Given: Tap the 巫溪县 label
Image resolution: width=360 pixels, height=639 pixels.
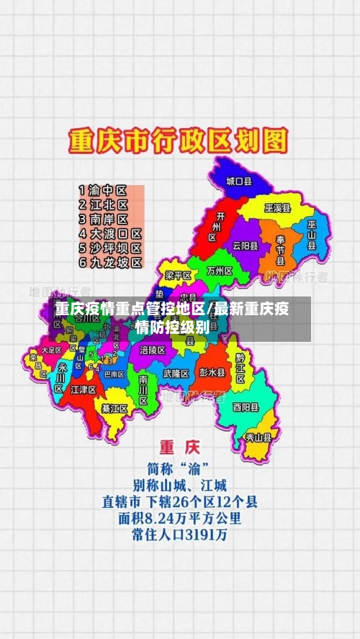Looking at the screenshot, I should click(277, 208).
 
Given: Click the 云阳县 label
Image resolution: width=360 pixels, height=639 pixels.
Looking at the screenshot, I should click(246, 245).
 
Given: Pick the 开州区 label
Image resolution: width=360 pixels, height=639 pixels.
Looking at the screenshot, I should click(212, 227).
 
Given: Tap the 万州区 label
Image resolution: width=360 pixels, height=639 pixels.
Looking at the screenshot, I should click(219, 272).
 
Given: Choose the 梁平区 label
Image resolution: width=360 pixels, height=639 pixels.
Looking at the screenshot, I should click(178, 276).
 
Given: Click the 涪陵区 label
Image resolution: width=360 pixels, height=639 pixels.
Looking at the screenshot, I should click(153, 350).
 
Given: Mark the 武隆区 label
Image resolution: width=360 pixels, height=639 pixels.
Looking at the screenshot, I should click(176, 373).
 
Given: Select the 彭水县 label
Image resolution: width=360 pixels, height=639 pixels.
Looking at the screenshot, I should click(212, 373).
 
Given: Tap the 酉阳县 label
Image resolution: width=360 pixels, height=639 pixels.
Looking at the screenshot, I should click(245, 407).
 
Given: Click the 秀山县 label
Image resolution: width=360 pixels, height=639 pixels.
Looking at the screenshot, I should click(258, 437).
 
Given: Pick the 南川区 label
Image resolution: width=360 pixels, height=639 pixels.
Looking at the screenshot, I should click(143, 389).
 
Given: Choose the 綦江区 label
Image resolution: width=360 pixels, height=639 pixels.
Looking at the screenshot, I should click(114, 408).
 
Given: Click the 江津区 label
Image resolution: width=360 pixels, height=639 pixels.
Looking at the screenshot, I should click(84, 389).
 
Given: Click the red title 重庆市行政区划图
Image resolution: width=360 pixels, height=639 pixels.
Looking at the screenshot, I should click(178, 141).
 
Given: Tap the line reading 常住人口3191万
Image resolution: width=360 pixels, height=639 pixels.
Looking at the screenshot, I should click(179, 535).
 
